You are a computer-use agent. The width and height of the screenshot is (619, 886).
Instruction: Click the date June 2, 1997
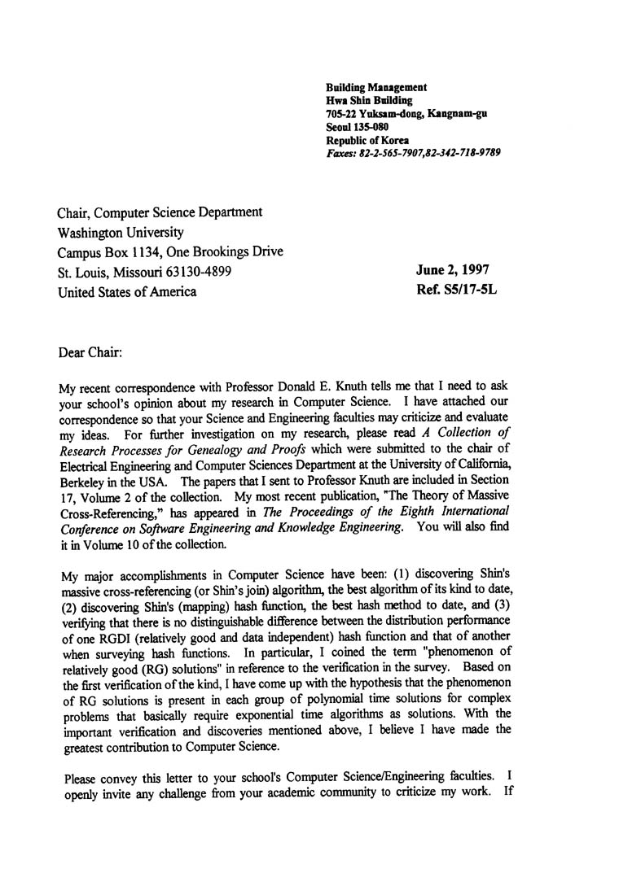(x=453, y=270)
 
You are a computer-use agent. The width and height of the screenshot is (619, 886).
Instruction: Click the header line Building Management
(x=376, y=87)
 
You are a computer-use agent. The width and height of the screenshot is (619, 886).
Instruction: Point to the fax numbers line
(x=413, y=152)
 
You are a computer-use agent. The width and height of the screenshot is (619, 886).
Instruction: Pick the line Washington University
(x=121, y=232)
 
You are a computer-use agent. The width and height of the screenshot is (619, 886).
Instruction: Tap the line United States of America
(x=127, y=292)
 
